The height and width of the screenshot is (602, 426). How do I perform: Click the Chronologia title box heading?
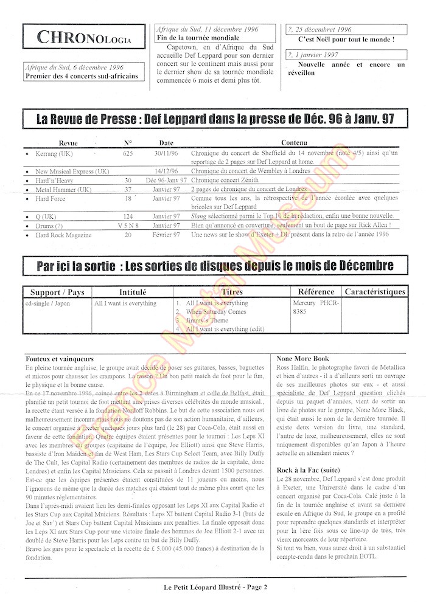(84, 38)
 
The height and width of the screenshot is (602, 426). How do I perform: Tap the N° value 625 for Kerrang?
(128, 154)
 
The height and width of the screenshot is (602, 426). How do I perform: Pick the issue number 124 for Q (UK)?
(128, 216)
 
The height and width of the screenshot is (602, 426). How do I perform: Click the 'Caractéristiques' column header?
(374, 292)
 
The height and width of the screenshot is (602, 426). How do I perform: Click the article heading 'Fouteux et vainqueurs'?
(60, 359)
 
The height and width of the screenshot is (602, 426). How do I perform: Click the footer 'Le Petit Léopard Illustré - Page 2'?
(212, 587)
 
